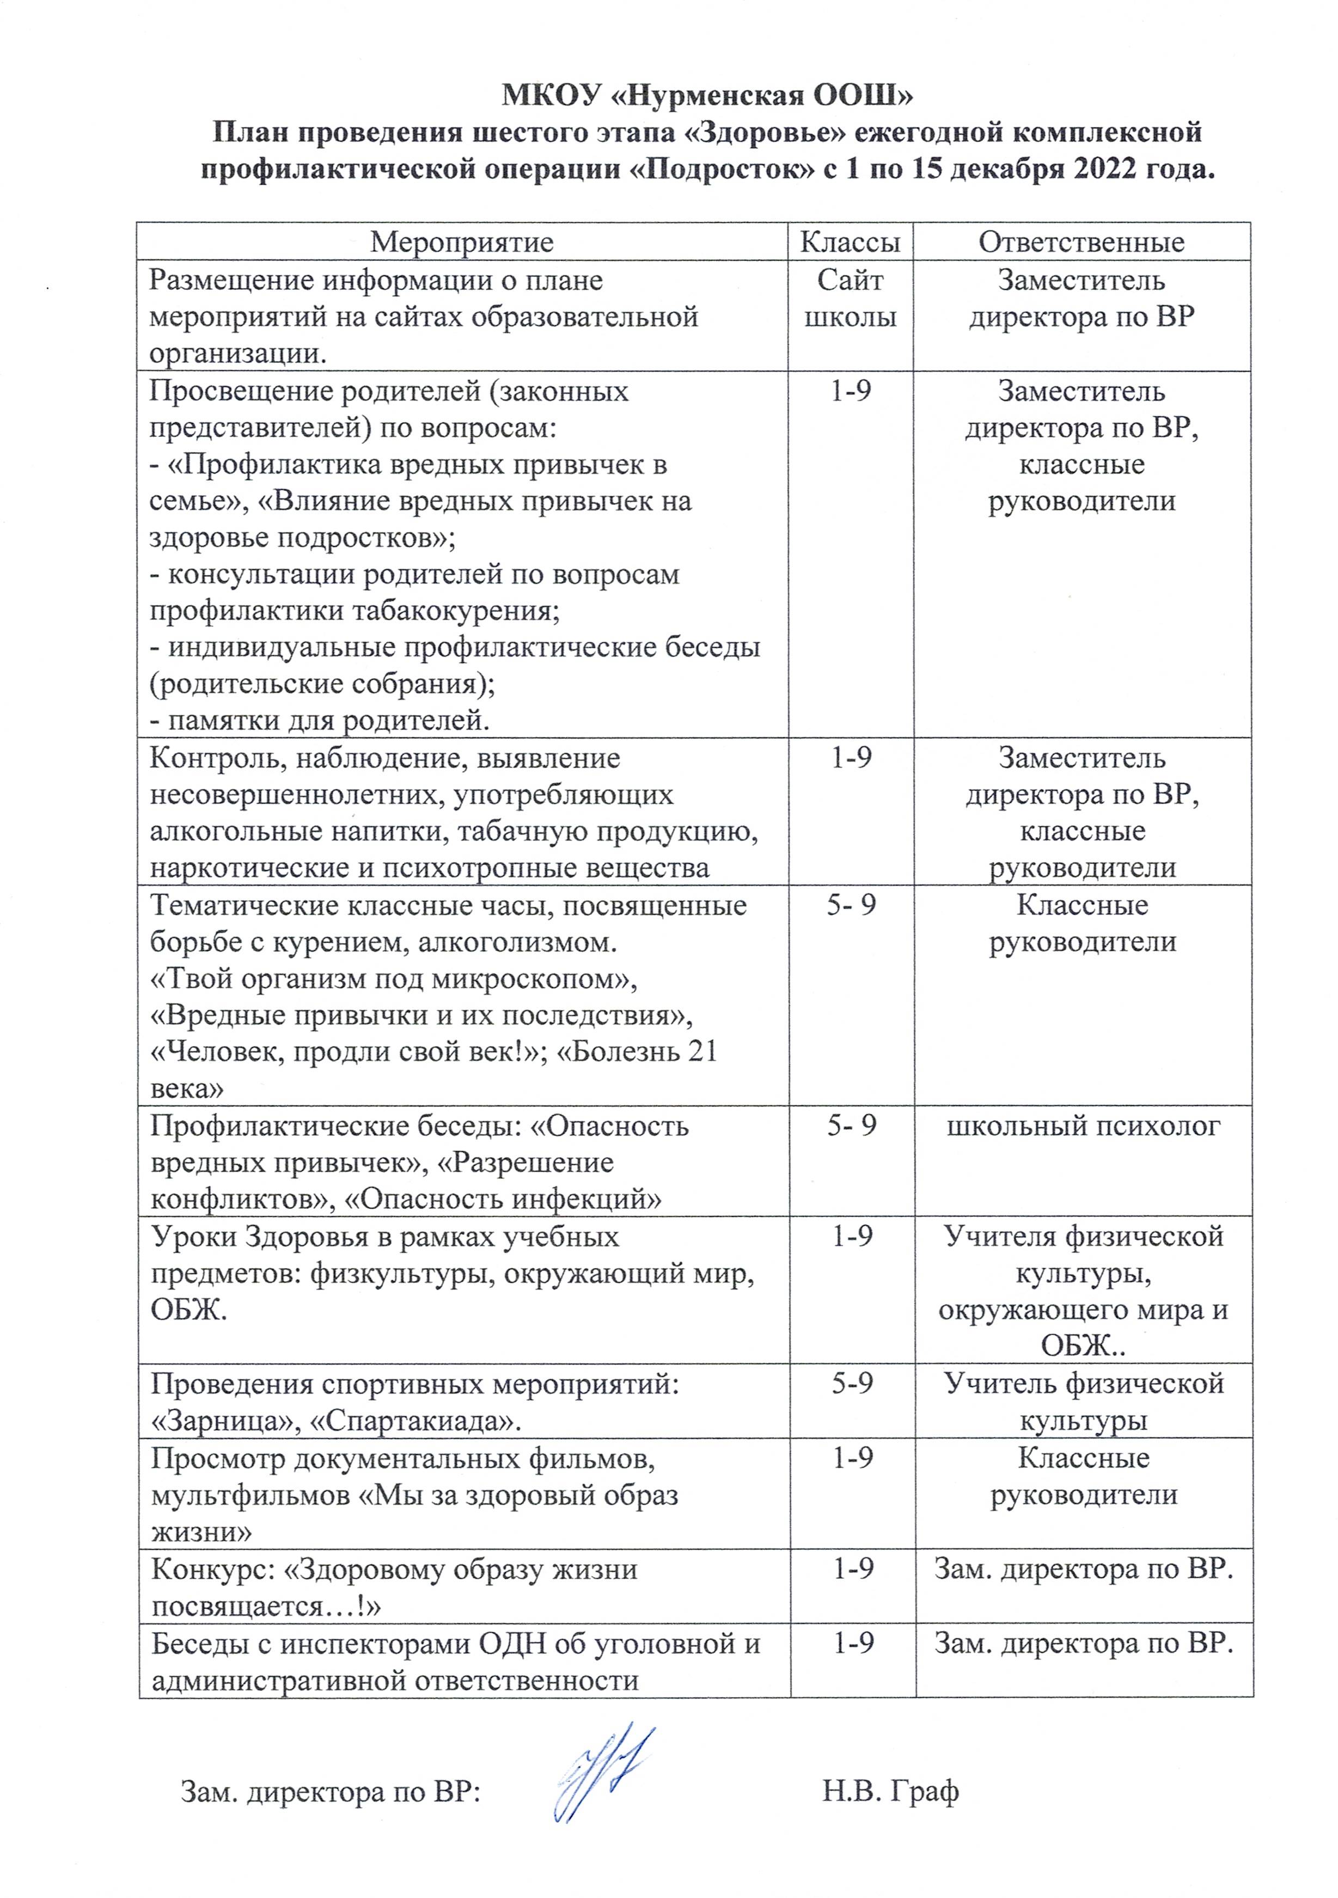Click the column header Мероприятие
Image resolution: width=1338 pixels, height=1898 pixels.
tap(461, 242)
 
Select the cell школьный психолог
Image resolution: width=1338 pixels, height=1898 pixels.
tap(1083, 1126)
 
